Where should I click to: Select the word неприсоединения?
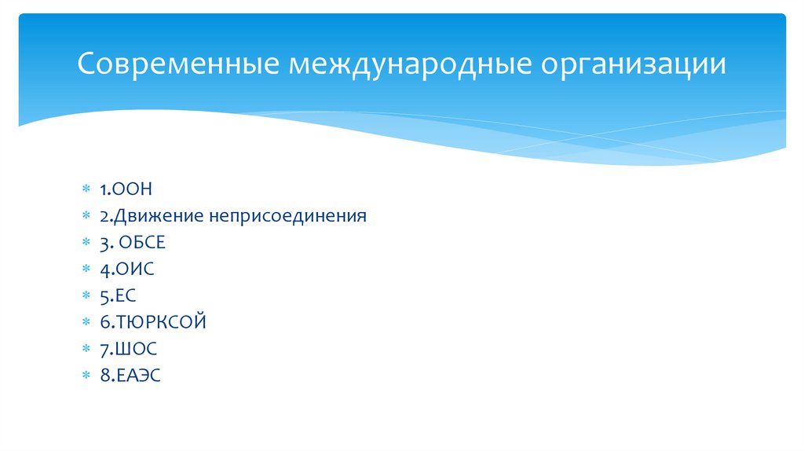tap(288, 215)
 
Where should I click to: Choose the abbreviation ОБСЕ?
tap(143, 242)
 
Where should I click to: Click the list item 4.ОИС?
tap(127, 269)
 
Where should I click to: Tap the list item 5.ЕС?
tap(119, 295)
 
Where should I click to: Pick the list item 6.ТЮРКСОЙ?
tap(153, 322)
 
